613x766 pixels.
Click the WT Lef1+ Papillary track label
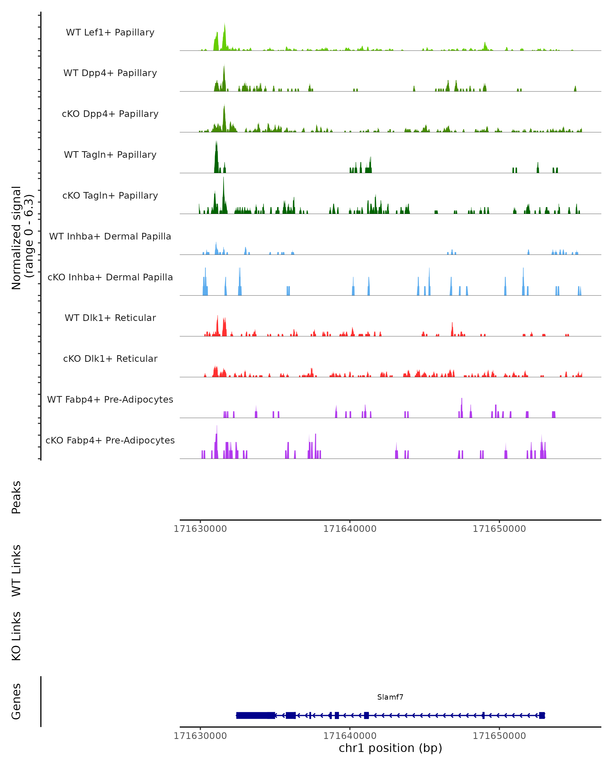pos(110,32)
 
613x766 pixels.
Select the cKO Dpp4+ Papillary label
pos(110,114)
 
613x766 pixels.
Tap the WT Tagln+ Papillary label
pos(110,155)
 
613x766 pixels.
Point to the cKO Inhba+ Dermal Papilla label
pos(110,278)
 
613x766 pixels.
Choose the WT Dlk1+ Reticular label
pos(110,318)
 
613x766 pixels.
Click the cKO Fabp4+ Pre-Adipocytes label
pos(110,440)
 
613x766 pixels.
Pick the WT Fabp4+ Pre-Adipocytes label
pos(110,400)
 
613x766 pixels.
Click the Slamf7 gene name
pos(390,697)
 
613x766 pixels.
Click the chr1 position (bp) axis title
pos(390,748)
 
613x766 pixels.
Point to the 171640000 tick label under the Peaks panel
pos(350,529)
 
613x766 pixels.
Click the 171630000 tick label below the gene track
pos(200,736)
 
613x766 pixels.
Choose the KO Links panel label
pos(16,636)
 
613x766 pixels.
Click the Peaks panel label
pos(16,497)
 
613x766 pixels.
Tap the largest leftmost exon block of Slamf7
pos(255,715)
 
